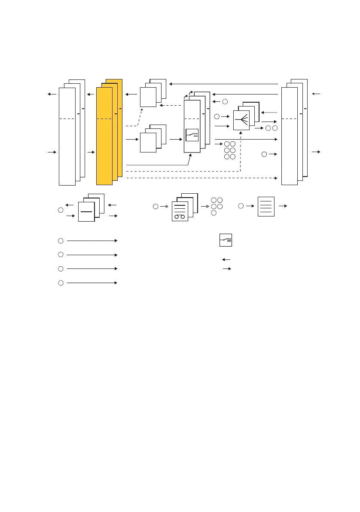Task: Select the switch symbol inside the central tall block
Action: (x=192, y=135)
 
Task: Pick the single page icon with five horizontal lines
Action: (x=266, y=207)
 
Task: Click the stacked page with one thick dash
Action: (x=86, y=211)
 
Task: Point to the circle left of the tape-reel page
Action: (x=155, y=207)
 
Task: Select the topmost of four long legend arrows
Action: (x=92, y=241)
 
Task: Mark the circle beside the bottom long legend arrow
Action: (x=61, y=283)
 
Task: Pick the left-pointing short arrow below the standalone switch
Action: (x=226, y=259)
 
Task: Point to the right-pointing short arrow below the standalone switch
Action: (x=227, y=269)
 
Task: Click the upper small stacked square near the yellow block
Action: (x=148, y=97)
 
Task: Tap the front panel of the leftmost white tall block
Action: (x=67, y=137)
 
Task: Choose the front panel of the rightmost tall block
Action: (x=289, y=137)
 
